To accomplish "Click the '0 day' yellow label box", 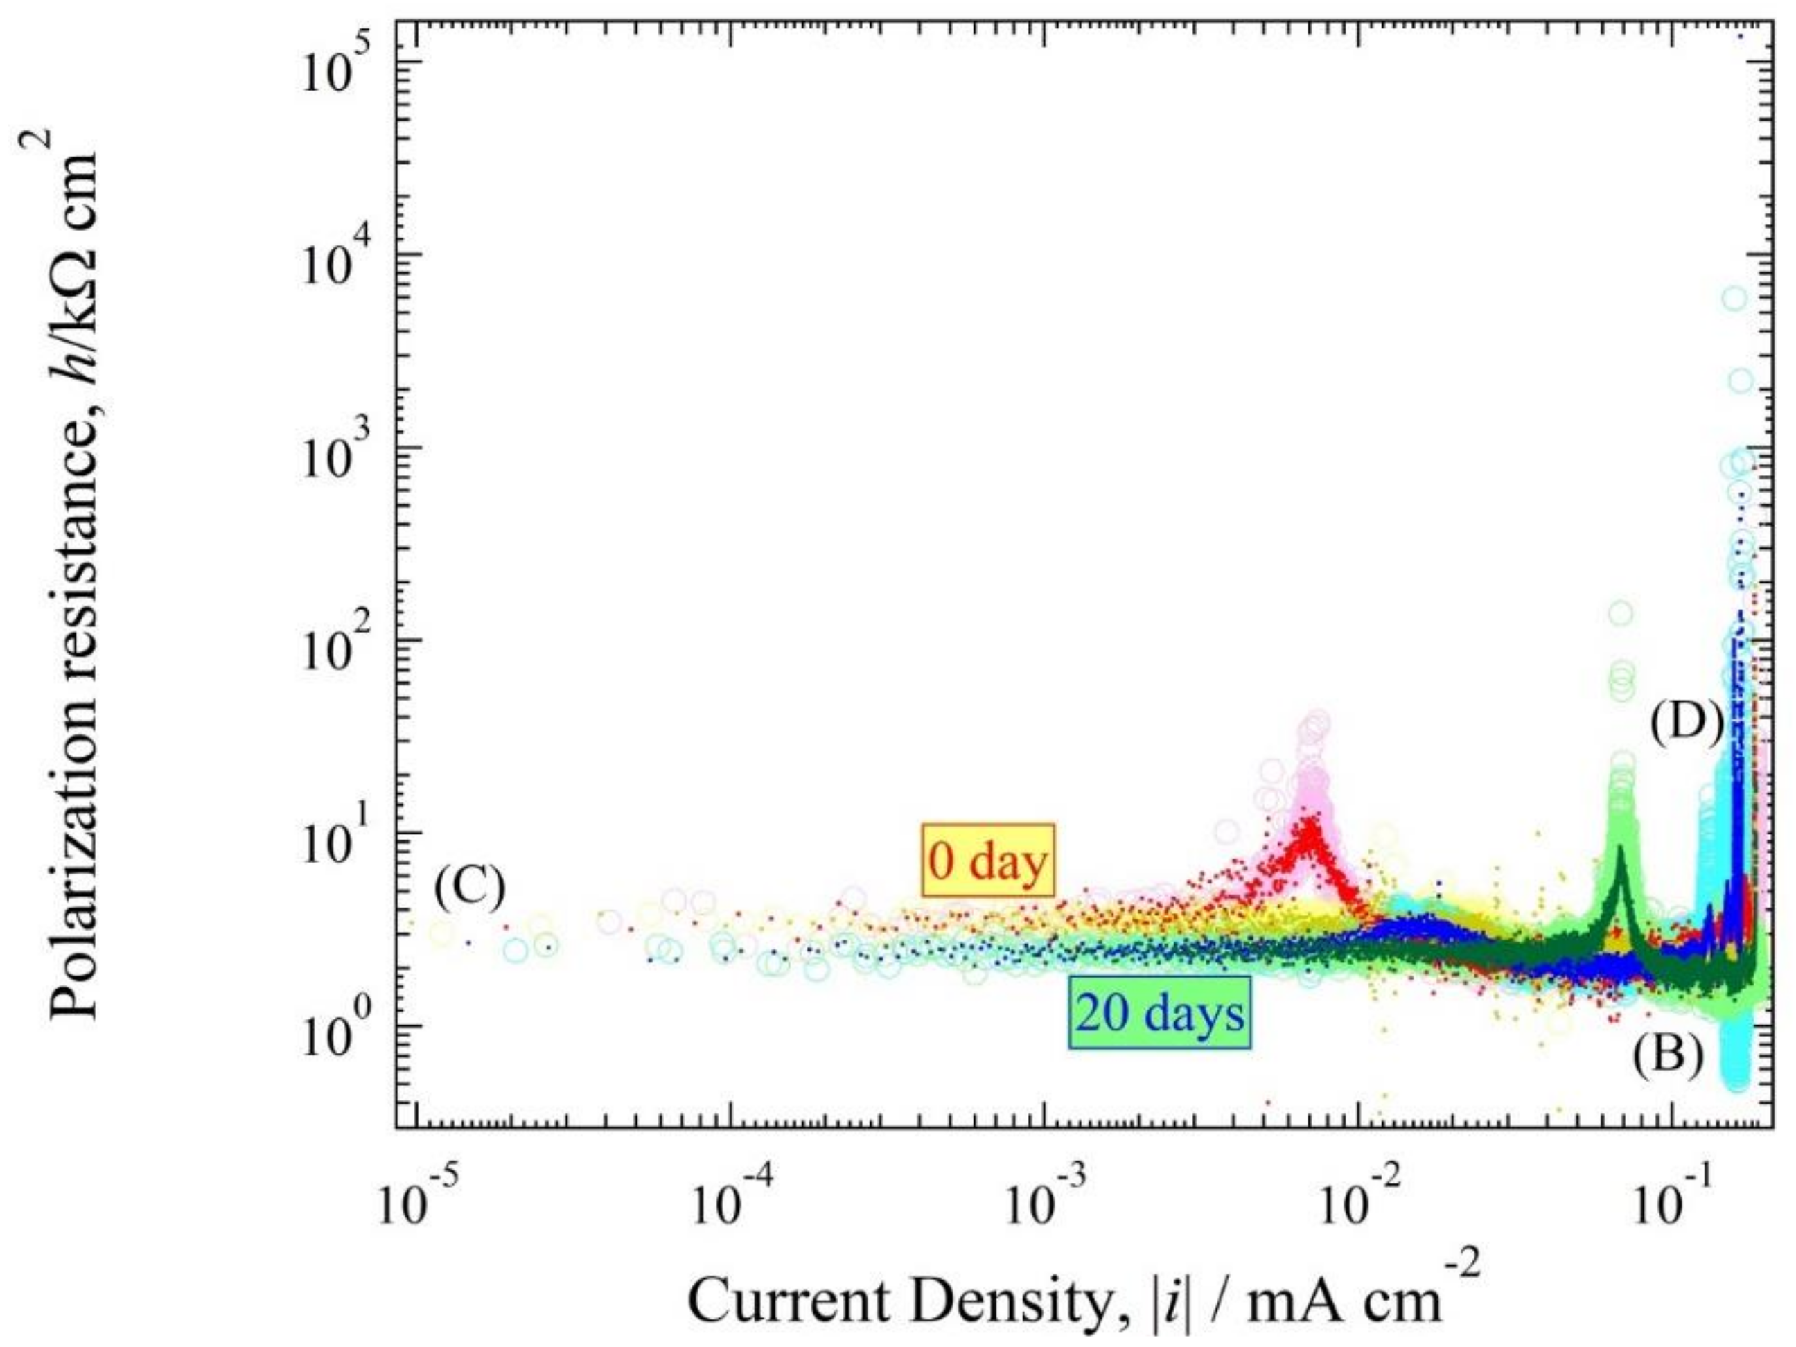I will pos(987,861).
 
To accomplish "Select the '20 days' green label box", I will pos(1159,1014).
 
